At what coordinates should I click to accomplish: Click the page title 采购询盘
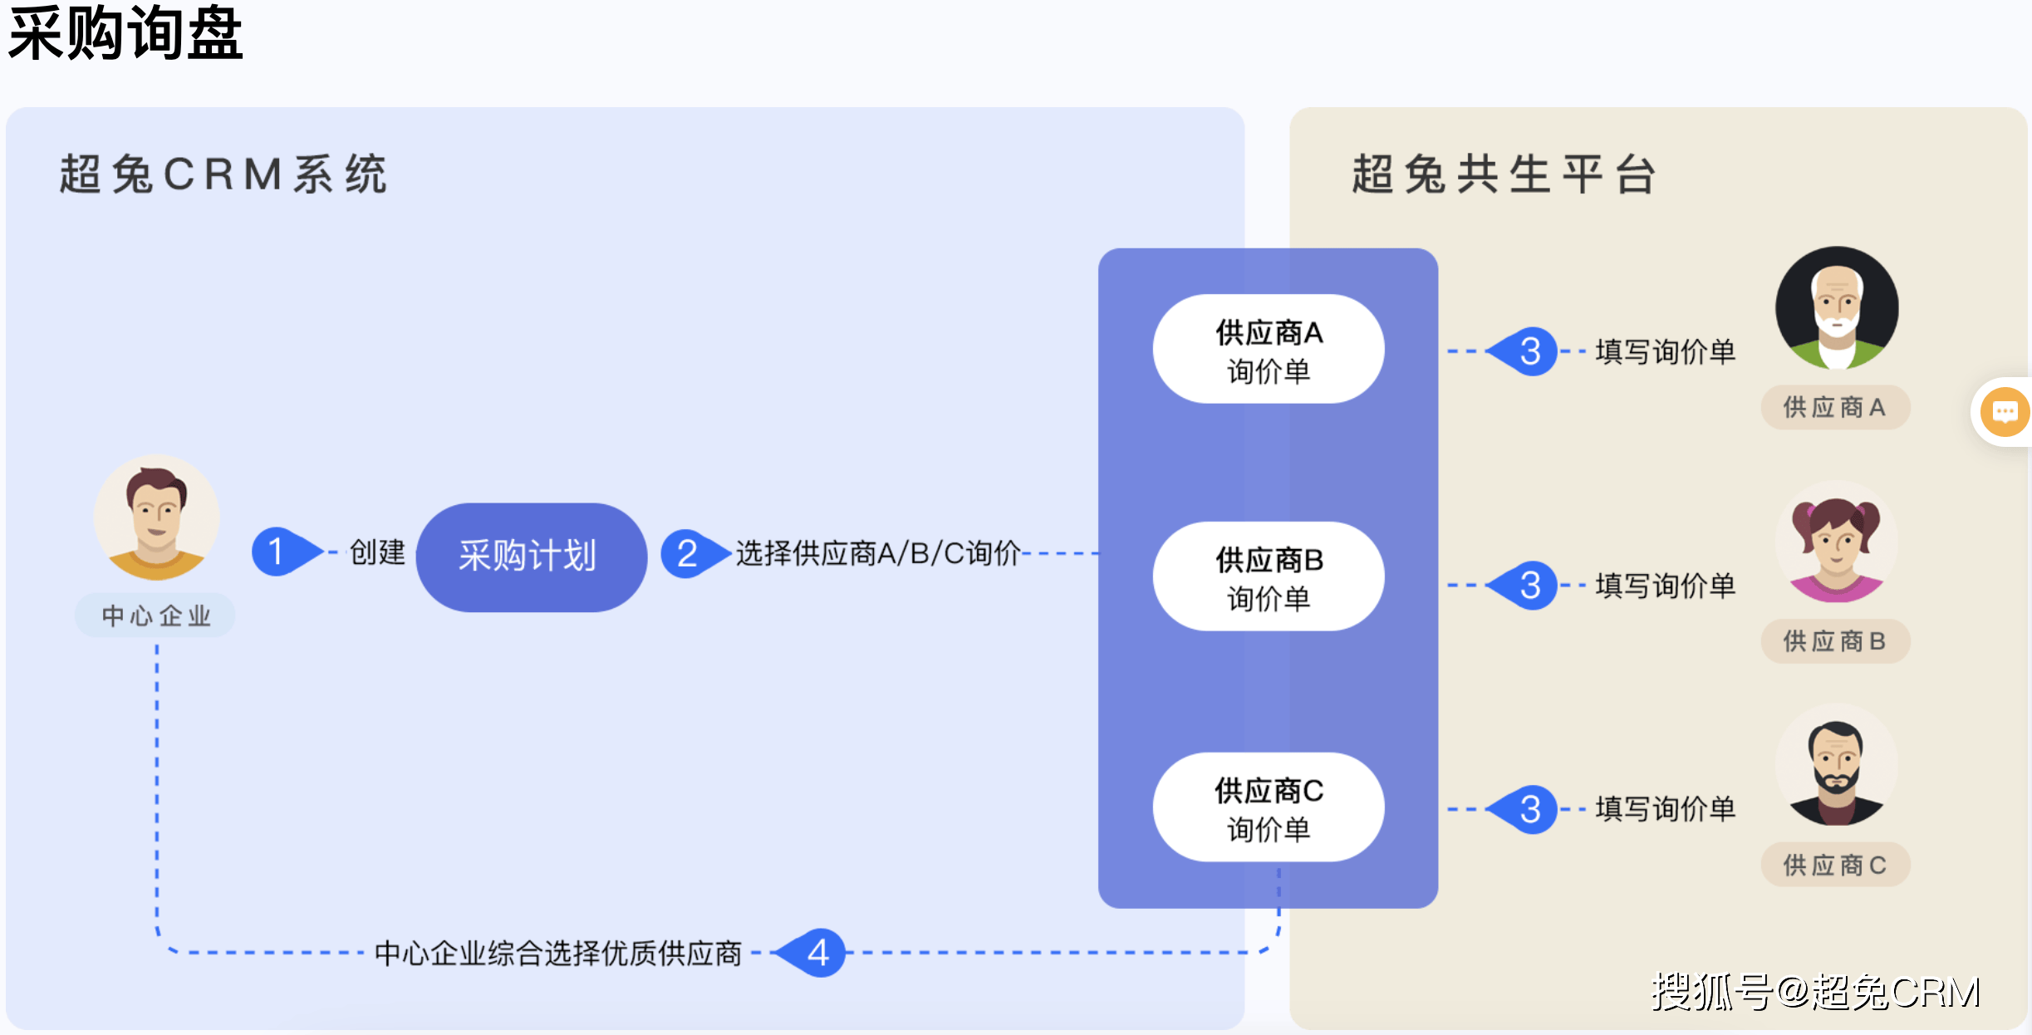pos(125,33)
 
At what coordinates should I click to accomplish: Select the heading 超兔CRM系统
pos(223,174)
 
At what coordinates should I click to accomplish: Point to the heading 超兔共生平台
pos(1504,174)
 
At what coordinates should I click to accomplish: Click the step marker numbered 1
pos(277,552)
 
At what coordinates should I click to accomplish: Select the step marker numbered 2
pos(686,553)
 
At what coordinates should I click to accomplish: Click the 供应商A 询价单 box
pos(1268,350)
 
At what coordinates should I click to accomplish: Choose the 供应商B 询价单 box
pos(1268,576)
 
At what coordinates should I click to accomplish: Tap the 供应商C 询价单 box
pos(1268,807)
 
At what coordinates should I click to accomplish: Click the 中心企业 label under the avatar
pos(156,616)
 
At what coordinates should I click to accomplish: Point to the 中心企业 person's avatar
pos(157,517)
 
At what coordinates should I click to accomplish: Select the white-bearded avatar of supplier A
pos(1836,307)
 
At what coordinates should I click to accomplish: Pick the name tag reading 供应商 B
pos(1835,641)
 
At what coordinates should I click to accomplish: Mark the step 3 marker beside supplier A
pos(1530,351)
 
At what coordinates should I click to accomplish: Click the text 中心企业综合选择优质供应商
pos(557,953)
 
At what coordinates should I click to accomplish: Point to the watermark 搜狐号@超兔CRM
pos(1816,992)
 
